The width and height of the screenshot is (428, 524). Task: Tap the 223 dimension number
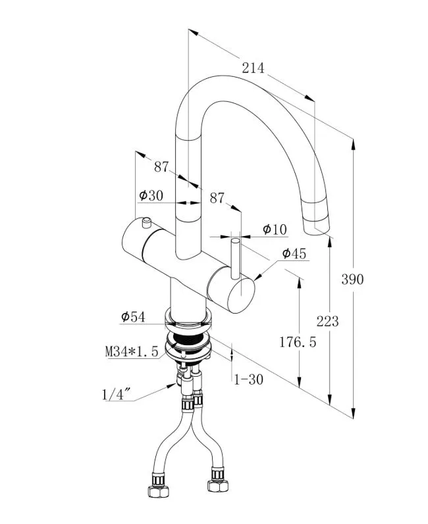click(x=327, y=321)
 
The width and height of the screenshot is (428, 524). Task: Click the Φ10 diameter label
click(x=275, y=229)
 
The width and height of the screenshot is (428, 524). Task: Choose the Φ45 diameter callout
click(x=294, y=254)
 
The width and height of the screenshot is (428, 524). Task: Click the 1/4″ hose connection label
click(x=117, y=394)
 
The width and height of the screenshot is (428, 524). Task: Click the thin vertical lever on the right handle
click(x=234, y=260)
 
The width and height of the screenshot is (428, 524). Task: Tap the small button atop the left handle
click(x=145, y=220)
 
